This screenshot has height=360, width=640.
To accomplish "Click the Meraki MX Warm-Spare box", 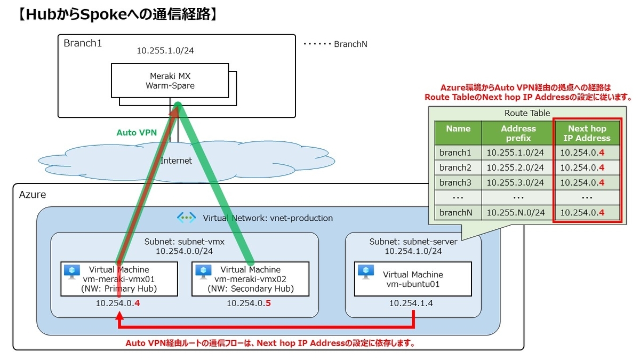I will (x=170, y=81).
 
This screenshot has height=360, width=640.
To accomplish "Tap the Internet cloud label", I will (x=176, y=161).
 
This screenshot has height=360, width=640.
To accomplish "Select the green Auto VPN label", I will (x=137, y=132).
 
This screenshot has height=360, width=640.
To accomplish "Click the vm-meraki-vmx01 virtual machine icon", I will (x=72, y=271).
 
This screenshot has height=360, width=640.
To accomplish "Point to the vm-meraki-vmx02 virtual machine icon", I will (x=203, y=271).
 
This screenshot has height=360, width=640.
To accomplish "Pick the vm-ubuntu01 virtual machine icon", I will (x=366, y=271).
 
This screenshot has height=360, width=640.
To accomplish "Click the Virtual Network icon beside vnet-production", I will (x=187, y=218).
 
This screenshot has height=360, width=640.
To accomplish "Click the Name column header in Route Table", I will (x=458, y=129).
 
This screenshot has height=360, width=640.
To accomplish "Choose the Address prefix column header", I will (x=518, y=133).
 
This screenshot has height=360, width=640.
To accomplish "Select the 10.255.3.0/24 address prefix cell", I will (x=515, y=182).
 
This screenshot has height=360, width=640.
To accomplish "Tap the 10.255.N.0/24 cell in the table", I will (x=515, y=212).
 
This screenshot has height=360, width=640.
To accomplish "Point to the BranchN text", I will (x=350, y=44).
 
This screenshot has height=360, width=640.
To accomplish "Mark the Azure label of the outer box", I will (x=33, y=195).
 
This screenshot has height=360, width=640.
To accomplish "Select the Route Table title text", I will (x=527, y=113).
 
